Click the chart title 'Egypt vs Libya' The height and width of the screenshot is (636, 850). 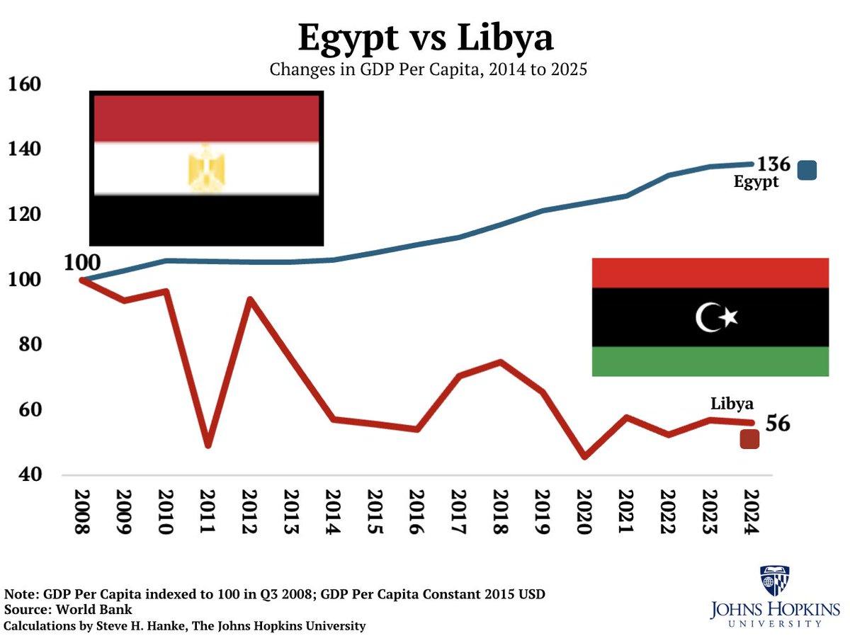click(425, 37)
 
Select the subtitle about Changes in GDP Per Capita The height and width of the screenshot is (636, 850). click(428, 70)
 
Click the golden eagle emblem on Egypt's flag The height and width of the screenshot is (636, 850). click(206, 169)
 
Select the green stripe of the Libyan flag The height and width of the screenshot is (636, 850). click(710, 361)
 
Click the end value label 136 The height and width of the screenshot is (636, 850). click(773, 164)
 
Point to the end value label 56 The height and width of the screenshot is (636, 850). click(777, 424)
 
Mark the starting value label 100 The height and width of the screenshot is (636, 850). click(82, 263)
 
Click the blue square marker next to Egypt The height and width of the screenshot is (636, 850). click(807, 170)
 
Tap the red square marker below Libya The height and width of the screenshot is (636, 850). click(749, 440)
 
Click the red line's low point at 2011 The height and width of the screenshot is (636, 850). click(208, 445)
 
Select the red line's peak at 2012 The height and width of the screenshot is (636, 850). click(249, 299)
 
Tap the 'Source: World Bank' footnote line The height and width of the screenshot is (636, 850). click(68, 610)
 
